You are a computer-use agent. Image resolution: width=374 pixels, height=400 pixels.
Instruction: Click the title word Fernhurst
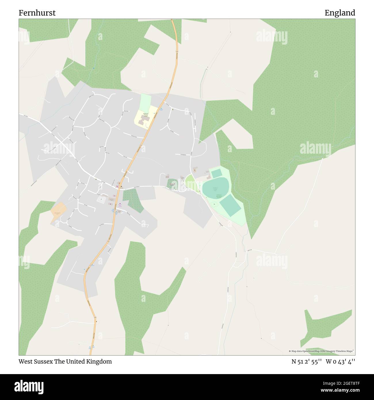[x=37, y=13]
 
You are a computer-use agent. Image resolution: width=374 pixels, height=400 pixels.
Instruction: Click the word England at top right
[x=340, y=13]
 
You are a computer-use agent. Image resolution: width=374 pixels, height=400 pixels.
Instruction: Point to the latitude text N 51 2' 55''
[x=306, y=361]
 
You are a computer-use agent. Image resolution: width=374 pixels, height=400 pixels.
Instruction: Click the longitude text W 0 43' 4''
[x=340, y=361]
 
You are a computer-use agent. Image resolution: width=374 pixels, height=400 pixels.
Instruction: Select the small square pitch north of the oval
[x=216, y=174]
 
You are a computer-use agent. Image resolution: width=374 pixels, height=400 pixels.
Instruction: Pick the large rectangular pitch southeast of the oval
[x=230, y=205]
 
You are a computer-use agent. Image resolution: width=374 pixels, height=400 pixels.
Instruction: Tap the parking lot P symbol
[x=101, y=199]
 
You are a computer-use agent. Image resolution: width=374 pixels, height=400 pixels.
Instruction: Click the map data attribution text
[x=321, y=351]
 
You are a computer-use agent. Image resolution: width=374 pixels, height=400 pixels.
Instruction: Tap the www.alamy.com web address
[x=338, y=391]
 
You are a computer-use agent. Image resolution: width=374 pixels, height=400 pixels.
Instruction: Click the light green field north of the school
[x=146, y=101]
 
